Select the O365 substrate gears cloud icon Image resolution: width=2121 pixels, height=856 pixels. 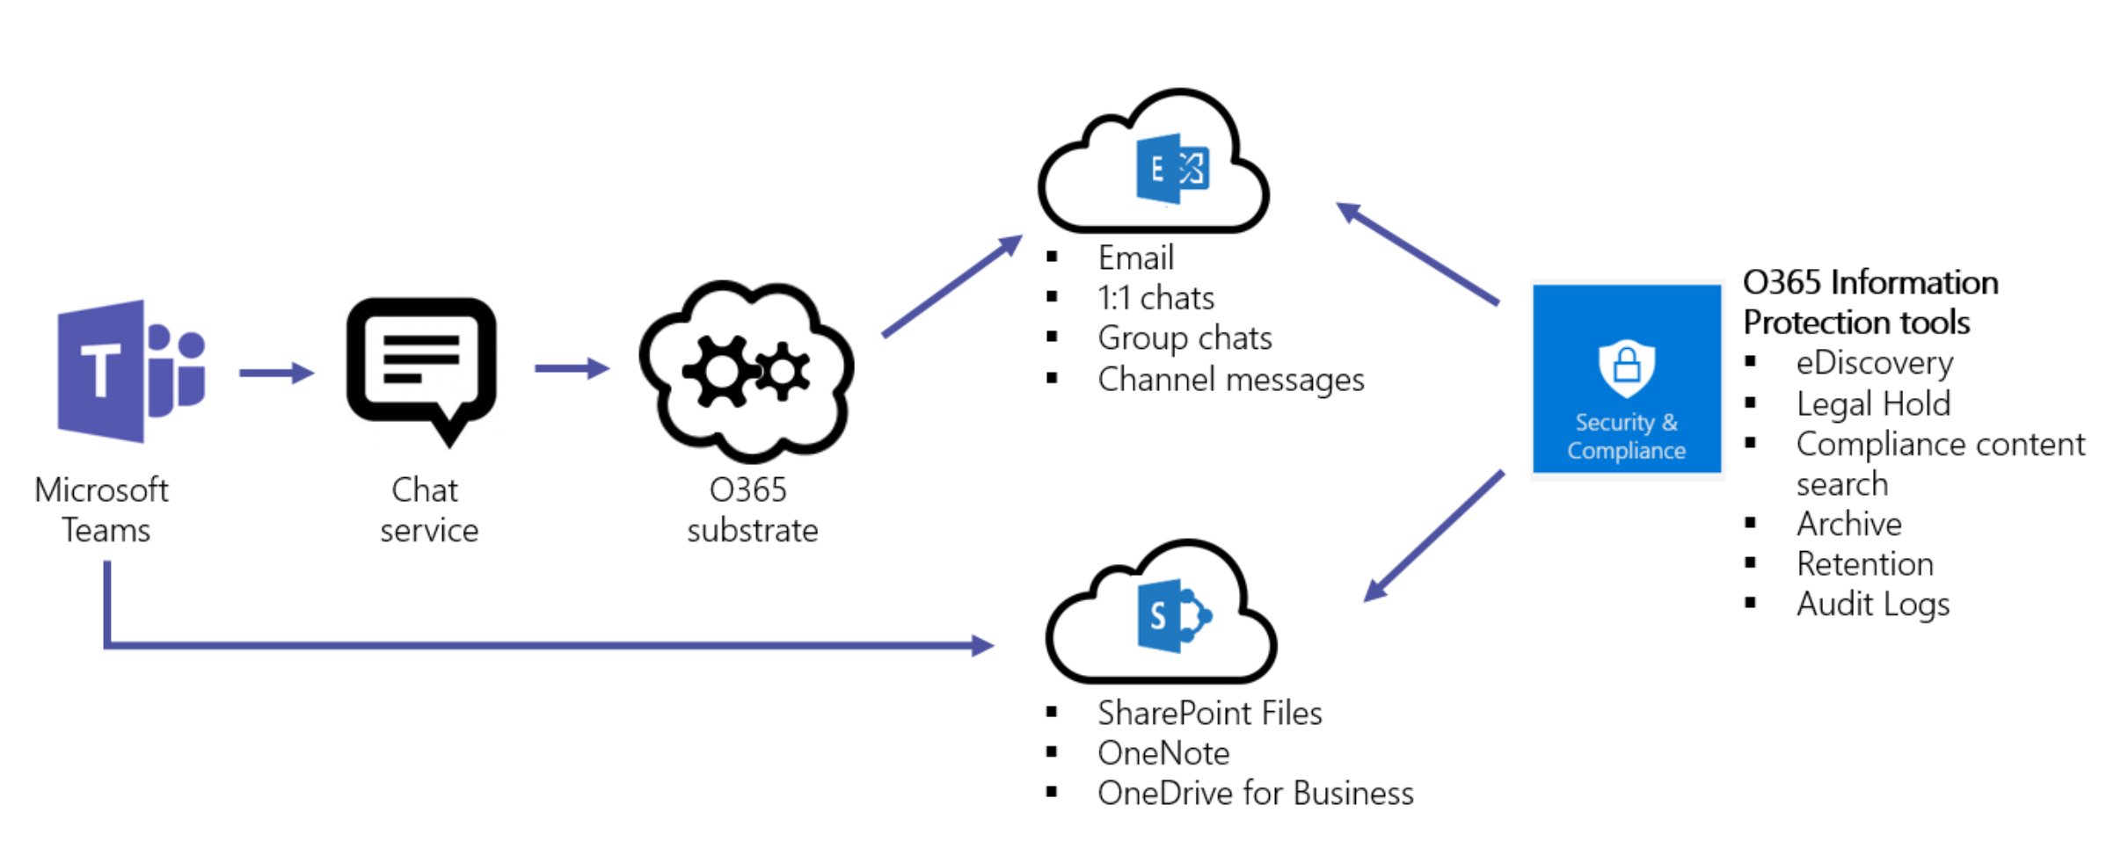click(747, 372)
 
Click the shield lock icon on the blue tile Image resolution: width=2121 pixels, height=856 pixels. click(1626, 367)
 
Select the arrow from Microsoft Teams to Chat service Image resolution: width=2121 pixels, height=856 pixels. click(276, 373)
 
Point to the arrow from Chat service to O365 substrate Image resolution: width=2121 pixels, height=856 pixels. click(572, 368)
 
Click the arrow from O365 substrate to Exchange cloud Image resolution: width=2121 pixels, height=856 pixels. click(951, 287)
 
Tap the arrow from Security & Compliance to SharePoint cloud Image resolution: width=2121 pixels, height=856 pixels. click(1434, 536)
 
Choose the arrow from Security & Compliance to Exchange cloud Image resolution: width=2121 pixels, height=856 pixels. click(1418, 254)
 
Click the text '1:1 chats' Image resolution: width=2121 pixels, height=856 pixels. click(1155, 299)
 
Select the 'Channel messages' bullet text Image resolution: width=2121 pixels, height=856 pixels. click(1230, 380)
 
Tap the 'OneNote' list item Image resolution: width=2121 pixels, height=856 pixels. click(1163, 753)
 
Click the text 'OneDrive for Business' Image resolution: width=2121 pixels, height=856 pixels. click(1255, 794)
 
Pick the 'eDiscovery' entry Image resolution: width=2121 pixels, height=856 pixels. click(1874, 363)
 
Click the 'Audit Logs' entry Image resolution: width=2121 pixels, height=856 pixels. click(1872, 605)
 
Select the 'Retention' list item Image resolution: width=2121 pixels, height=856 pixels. click(1864, 564)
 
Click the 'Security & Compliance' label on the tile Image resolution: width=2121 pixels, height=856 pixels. click(1626, 437)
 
